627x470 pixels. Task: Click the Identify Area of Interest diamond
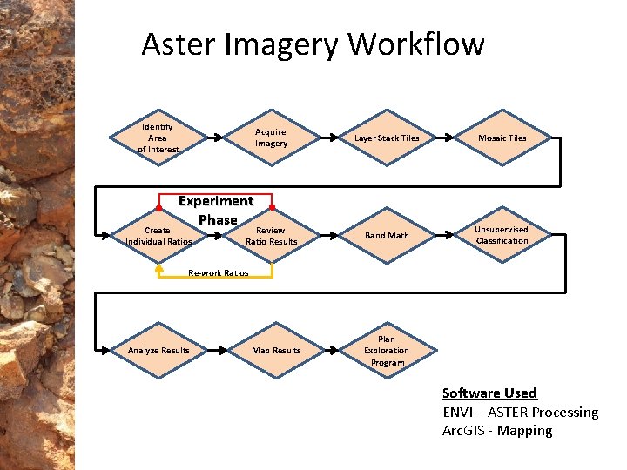tap(158, 138)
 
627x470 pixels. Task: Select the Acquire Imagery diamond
tap(271, 138)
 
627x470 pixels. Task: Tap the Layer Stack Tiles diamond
tap(387, 138)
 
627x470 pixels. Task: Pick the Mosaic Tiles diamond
tap(502, 138)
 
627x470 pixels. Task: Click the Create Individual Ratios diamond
tap(158, 236)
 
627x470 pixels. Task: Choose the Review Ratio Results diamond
tap(271, 236)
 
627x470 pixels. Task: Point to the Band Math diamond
tap(387, 236)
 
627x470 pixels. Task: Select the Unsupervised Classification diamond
tap(502, 235)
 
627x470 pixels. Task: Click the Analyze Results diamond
tap(158, 351)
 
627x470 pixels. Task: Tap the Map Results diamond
tap(275, 351)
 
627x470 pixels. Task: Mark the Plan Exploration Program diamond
tap(387, 351)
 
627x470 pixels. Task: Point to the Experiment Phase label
tap(216, 210)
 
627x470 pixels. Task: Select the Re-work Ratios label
tap(219, 273)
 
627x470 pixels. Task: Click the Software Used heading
tap(489, 393)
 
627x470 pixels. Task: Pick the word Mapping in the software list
tap(524, 431)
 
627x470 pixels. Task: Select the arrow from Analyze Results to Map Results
tap(217, 351)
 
